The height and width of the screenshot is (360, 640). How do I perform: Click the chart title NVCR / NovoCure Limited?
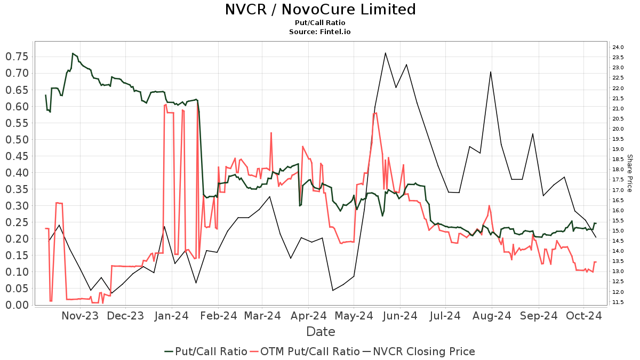coord(320,10)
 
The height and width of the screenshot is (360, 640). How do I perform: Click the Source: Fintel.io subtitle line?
coord(320,31)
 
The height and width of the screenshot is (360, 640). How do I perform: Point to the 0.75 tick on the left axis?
coord(17,57)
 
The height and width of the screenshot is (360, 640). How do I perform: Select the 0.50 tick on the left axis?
coord(17,140)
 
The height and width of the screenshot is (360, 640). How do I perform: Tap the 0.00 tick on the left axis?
coord(17,305)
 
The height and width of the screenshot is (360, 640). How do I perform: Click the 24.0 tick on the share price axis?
coord(618,47)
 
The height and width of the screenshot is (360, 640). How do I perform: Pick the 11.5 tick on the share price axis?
coord(618,302)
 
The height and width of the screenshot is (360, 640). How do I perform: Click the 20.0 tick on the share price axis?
coord(618,129)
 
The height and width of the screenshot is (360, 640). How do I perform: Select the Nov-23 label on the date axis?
coord(80,316)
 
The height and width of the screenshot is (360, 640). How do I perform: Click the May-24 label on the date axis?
coord(354,316)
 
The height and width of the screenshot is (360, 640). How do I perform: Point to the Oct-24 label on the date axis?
coord(585,316)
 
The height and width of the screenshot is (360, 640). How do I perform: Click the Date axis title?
coord(321,332)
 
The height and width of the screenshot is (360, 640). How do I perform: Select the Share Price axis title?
coord(629,173)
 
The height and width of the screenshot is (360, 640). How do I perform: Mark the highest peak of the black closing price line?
coord(385,52)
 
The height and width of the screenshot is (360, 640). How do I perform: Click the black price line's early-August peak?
coord(491,71)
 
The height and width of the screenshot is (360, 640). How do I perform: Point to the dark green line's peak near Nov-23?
coord(73,53)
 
